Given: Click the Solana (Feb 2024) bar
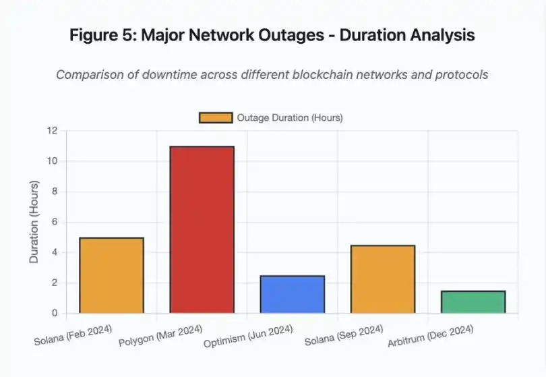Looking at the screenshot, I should coord(111,275).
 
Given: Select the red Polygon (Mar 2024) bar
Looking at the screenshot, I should coord(202,229).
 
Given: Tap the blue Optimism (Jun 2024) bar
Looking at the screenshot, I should coord(292,294).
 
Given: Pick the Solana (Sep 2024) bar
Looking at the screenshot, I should coord(382,279).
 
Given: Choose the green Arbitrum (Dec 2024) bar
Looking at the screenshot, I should coord(473,301).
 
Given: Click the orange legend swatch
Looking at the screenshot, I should coord(216,118).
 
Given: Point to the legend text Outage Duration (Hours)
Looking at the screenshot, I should coord(290,118).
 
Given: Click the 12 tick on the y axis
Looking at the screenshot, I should coord(52,130).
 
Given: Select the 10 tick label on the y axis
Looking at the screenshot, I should coord(52,161).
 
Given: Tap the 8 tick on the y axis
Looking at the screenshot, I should coord(54,192).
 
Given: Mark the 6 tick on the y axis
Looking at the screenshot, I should coord(54,222).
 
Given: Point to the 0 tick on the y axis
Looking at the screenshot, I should coord(54,313).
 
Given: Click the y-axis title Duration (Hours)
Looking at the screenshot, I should coord(34,222).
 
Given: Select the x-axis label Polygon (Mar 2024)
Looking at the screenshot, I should coord(160,335).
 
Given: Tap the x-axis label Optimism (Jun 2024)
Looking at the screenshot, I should coord(248,336).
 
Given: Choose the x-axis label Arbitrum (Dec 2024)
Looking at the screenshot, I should coord(431,336).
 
